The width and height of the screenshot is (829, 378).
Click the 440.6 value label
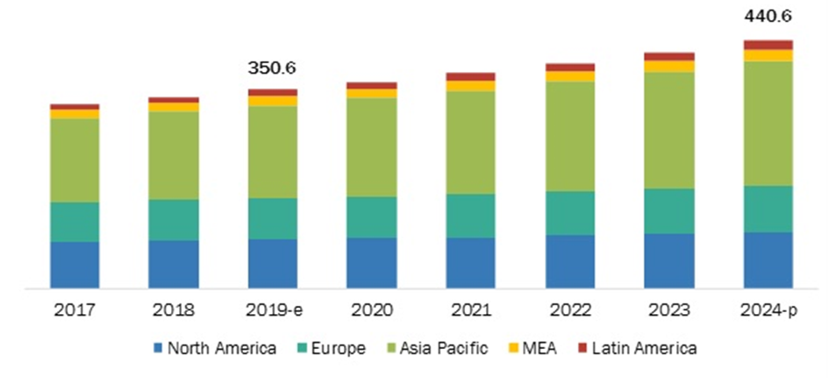click(x=768, y=15)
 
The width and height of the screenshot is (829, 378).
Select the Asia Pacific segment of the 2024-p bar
click(x=768, y=123)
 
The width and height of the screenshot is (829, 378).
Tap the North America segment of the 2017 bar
click(x=75, y=264)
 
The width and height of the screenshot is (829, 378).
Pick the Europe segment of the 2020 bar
click(x=371, y=217)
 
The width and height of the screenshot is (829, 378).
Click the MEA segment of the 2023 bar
click(x=668, y=66)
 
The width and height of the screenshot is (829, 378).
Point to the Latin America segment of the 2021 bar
click(x=470, y=76)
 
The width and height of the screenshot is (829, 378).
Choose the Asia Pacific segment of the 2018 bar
click(x=173, y=155)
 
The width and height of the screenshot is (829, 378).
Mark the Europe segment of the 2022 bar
click(x=569, y=212)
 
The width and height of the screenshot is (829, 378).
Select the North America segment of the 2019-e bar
click(x=272, y=263)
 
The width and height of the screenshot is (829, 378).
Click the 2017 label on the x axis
click(x=75, y=310)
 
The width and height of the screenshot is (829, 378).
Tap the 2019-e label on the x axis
click(x=272, y=310)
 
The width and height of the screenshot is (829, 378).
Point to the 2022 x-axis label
click(x=569, y=310)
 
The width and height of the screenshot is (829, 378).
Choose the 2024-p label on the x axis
click(x=768, y=310)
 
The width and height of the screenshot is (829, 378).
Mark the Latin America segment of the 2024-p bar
click(x=768, y=45)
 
